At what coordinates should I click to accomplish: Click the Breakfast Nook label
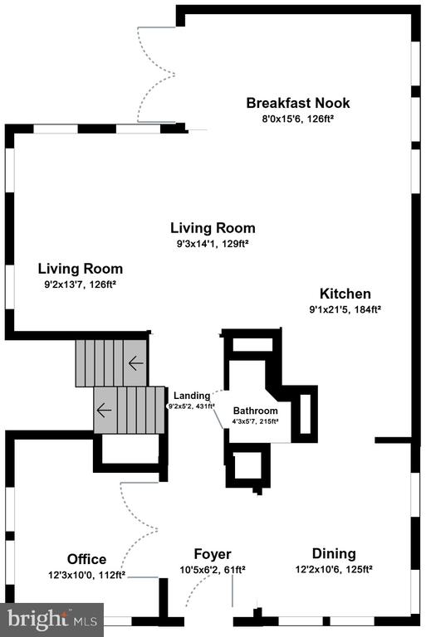(297, 104)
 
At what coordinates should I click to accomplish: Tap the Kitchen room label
(345, 294)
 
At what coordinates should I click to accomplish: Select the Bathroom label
(256, 411)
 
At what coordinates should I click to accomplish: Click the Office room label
(86, 558)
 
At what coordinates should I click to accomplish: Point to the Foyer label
(213, 554)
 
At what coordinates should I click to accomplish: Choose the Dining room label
(334, 554)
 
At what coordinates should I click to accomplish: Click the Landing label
(191, 396)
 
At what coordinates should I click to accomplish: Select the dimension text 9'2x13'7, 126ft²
(81, 284)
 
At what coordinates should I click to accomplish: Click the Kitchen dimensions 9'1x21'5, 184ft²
(345, 309)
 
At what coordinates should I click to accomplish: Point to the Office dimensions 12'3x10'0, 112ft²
(86, 573)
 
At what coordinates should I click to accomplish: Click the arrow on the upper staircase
(135, 362)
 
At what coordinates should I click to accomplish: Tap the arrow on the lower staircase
(104, 410)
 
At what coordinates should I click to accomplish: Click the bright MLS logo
(51, 619)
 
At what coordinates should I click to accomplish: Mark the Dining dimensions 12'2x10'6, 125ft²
(334, 569)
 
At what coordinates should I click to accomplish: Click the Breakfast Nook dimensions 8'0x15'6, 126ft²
(297, 119)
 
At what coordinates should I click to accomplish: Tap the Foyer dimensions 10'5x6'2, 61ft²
(213, 570)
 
